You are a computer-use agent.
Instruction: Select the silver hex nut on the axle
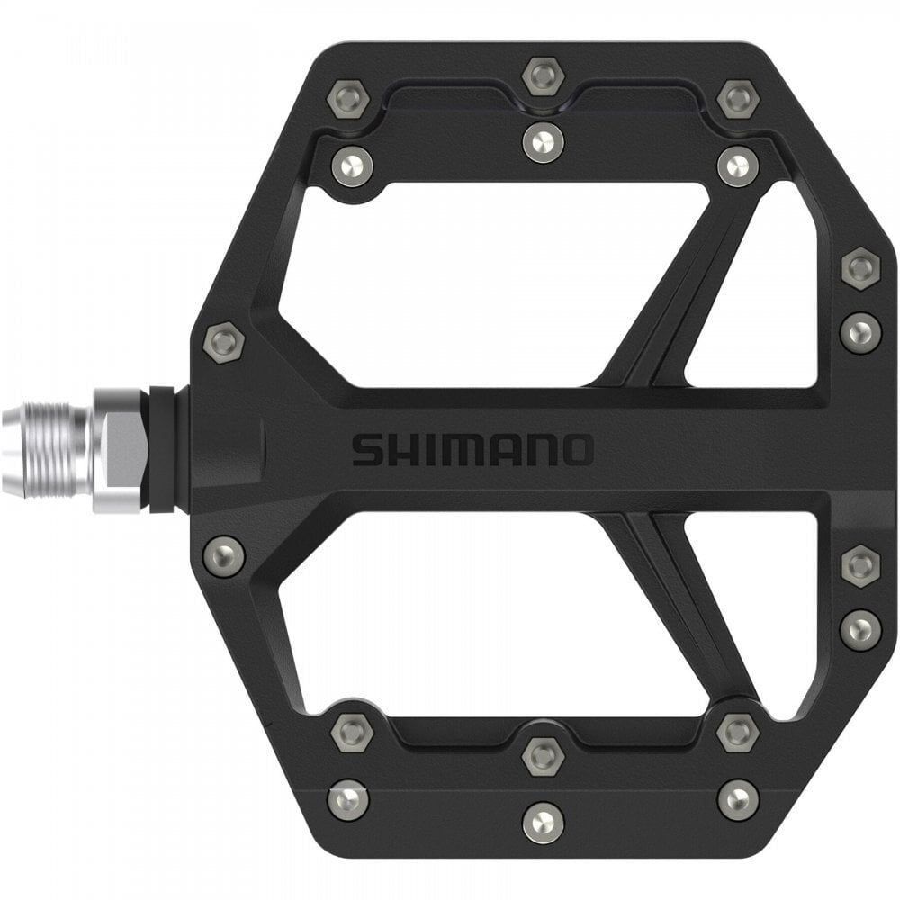coord(120,450)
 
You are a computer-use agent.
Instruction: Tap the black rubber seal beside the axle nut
coord(162,450)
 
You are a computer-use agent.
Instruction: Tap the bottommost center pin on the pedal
coord(542,822)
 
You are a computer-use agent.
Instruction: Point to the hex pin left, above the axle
coord(223,341)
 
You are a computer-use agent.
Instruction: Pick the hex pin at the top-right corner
coord(737,97)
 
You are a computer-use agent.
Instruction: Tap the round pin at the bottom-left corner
coord(347,799)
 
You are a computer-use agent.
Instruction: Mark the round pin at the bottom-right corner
coord(737,798)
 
